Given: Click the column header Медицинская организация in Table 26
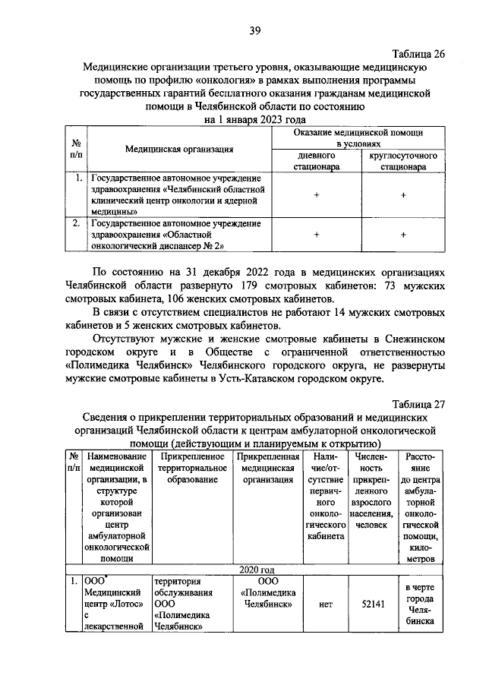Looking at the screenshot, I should pyautogui.click(x=179, y=149).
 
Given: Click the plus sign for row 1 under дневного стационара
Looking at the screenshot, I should pyautogui.click(x=314, y=195).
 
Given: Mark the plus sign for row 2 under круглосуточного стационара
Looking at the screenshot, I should pyautogui.click(x=402, y=235).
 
